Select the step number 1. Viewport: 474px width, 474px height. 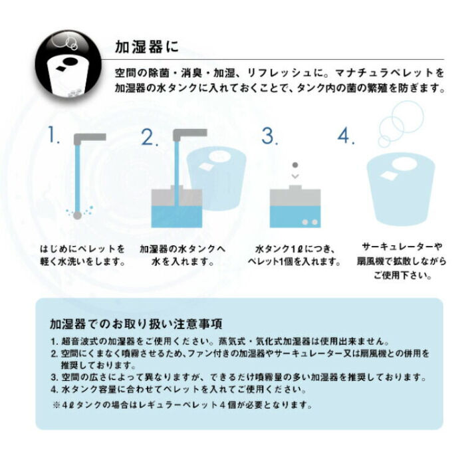[x=54, y=136]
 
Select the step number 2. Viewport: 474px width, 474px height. [x=150, y=137]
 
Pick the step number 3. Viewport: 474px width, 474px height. [x=269, y=136]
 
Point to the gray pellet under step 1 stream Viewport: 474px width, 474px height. [x=77, y=215]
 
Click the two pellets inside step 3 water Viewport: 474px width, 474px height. [x=308, y=221]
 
